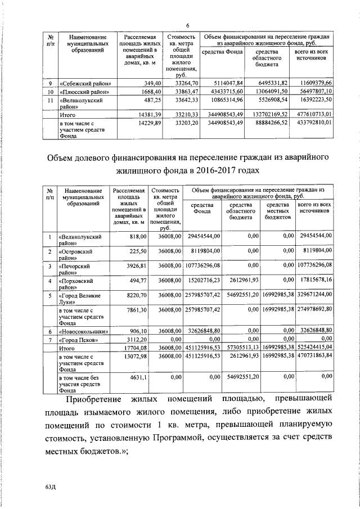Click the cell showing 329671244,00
(x=315, y=294)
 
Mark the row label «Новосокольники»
(x=84, y=331)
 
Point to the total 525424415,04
(x=315, y=349)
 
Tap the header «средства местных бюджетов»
(x=277, y=211)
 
